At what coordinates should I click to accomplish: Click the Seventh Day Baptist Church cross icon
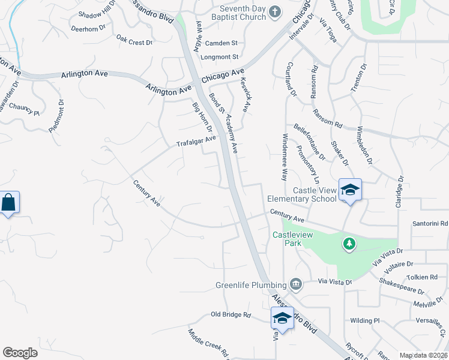[x=274, y=12]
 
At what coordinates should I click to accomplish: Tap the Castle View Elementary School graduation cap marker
[x=350, y=191]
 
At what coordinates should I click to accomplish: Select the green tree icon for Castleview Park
[x=349, y=244]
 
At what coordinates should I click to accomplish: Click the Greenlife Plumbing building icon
[x=295, y=283]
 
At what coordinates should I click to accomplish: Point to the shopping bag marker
[x=9, y=202]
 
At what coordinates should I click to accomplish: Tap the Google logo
[x=20, y=353]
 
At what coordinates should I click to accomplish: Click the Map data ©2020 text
[x=423, y=355]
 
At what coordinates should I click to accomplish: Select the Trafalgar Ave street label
[x=196, y=142]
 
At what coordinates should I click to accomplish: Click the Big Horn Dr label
[x=202, y=117]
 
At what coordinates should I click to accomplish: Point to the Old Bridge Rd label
[x=231, y=314]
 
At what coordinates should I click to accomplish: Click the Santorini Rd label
[x=430, y=224]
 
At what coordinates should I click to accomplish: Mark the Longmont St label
[x=221, y=57]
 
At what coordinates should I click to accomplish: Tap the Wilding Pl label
[x=365, y=320]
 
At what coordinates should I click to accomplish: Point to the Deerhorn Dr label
[x=88, y=28]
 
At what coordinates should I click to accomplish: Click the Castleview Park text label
[x=293, y=239]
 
